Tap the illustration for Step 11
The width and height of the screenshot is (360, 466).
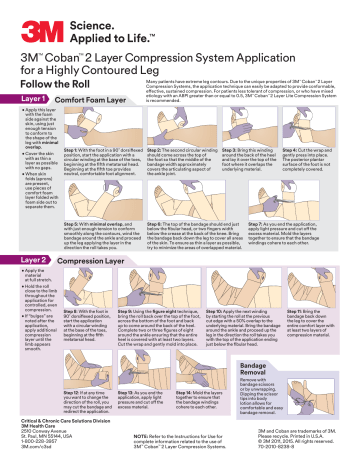pyautogui.click(x=320, y=289)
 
